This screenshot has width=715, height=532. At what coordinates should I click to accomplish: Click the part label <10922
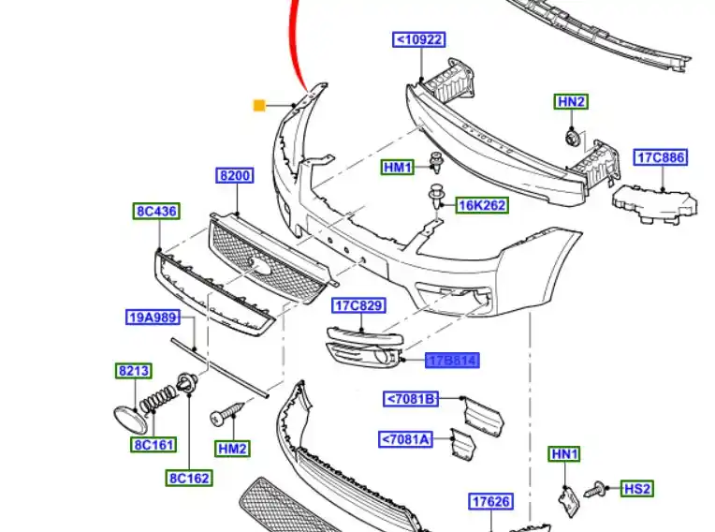(418, 39)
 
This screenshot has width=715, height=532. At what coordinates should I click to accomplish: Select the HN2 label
(571, 101)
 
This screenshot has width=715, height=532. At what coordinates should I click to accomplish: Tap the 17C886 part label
(662, 157)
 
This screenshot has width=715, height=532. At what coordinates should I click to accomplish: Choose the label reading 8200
(235, 176)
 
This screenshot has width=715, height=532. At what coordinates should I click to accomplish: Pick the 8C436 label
(155, 212)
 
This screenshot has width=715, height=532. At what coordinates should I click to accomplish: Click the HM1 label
(398, 168)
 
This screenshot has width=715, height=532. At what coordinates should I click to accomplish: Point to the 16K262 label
(482, 205)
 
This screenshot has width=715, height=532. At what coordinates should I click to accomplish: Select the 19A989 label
(152, 318)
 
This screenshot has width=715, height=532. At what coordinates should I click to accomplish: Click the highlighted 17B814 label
(453, 360)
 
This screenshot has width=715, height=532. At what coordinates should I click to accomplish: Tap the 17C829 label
(359, 305)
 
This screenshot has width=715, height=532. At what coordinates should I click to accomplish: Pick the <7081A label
(406, 438)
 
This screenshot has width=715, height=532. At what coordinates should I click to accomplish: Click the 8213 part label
(134, 372)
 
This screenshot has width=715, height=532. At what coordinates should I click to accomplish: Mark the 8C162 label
(190, 478)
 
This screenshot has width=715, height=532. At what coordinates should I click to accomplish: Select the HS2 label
(637, 488)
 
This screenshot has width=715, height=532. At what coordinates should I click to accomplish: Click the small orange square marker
(259, 105)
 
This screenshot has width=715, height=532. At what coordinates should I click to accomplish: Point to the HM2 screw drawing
(228, 412)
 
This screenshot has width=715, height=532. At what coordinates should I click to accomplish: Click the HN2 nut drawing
(571, 139)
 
